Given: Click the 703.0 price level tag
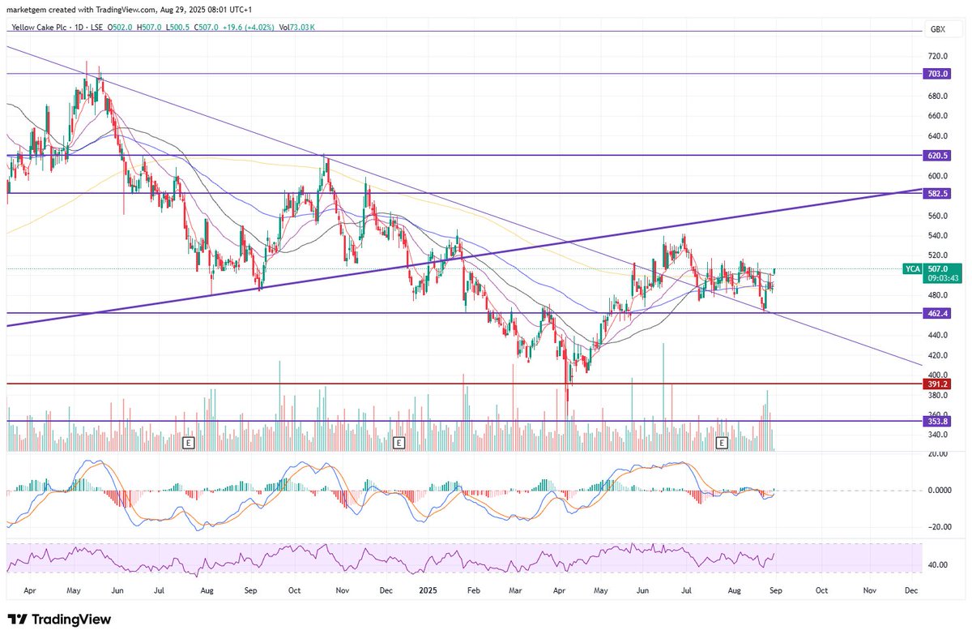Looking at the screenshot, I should tap(938, 74).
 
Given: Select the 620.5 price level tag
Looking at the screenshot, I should tap(938, 155).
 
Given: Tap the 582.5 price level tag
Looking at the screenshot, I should tap(938, 194).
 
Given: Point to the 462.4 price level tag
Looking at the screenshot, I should tap(938, 313).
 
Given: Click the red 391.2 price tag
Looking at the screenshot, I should tap(938, 384).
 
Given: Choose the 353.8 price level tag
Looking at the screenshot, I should tap(938, 421).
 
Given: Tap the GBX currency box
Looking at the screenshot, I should tap(938, 28).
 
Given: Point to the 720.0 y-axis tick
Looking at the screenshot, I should tap(938, 57).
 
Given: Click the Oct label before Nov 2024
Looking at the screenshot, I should tap(294, 590).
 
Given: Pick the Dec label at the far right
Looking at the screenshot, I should tap(910, 590).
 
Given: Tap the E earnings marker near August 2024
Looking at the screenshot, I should tap(189, 443).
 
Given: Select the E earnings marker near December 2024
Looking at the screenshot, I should tap(398, 443).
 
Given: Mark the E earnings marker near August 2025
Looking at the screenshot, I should tap(723, 443).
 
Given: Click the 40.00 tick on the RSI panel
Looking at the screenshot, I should tap(938, 565).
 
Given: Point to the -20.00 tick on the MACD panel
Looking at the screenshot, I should tap(938, 526).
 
